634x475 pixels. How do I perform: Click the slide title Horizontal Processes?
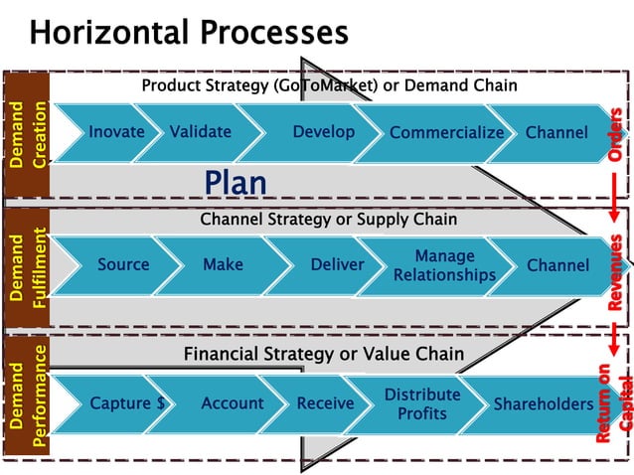click(x=189, y=33)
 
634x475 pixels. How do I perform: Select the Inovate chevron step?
click(x=116, y=132)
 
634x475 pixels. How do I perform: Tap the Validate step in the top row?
click(x=200, y=132)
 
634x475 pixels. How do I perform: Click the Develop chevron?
click(x=323, y=132)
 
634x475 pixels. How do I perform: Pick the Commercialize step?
click(x=446, y=133)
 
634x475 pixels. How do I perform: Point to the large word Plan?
click(x=236, y=183)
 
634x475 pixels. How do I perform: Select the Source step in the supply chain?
click(x=123, y=265)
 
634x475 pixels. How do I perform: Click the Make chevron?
click(x=223, y=265)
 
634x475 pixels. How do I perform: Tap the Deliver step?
click(x=337, y=265)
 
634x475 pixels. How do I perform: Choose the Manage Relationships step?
click(x=444, y=265)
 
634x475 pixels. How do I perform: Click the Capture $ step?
click(x=127, y=403)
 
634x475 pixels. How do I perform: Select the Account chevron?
click(x=232, y=403)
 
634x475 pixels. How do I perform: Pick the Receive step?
click(x=325, y=403)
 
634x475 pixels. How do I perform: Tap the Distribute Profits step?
click(x=422, y=403)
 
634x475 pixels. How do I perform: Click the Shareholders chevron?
click(x=543, y=404)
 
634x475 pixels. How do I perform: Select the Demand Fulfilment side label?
click(x=27, y=268)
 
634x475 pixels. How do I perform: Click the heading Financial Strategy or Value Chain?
click(x=323, y=354)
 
